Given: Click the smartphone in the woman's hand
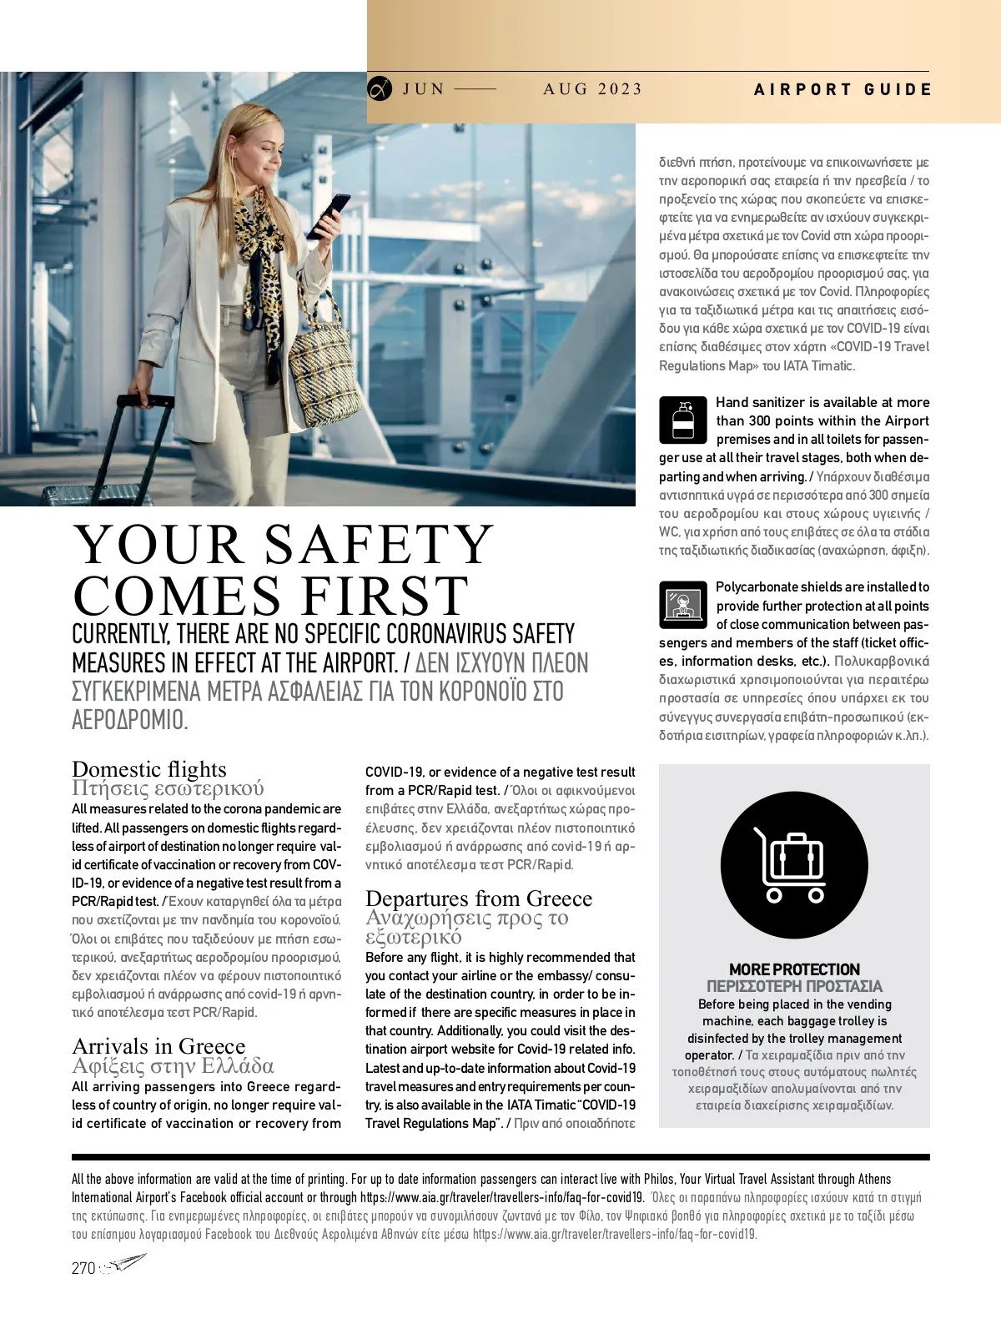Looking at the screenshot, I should [329, 216].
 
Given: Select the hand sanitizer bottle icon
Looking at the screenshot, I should [682, 420].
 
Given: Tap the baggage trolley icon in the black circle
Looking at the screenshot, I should [793, 865].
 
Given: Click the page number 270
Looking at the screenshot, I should [83, 1268].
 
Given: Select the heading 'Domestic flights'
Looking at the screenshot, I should [149, 768].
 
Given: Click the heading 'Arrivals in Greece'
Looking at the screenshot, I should [158, 1045].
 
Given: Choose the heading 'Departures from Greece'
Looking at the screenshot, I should [479, 898].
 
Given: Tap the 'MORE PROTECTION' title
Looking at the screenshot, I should [794, 969].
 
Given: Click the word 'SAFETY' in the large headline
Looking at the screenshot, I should [379, 545].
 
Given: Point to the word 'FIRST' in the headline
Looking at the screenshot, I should [385, 596].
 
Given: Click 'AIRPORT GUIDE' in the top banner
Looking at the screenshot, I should [843, 90].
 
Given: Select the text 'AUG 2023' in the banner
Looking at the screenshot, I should [592, 89].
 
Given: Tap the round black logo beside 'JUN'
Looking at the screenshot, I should [380, 88].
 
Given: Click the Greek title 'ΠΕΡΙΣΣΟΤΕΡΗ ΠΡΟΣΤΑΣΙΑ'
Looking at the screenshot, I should [794, 986].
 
